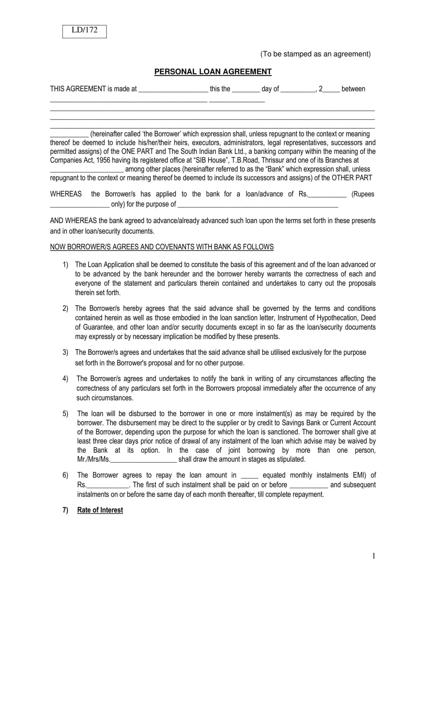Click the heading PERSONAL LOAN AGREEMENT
(x=213, y=72)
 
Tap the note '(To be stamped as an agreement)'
(x=315, y=54)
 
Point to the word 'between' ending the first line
(x=353, y=89)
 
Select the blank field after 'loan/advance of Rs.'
(x=328, y=195)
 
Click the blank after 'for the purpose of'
(x=258, y=205)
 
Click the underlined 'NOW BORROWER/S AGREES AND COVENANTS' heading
(x=162, y=247)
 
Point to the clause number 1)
(x=66, y=265)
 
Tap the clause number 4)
(x=66, y=379)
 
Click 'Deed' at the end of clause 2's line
(x=368, y=318)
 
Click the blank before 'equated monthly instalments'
(x=249, y=476)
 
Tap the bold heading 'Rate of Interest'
(x=100, y=510)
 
